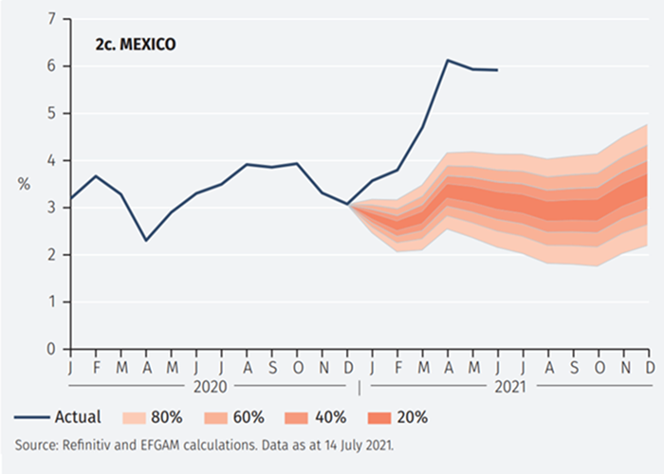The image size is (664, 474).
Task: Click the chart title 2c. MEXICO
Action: [x=135, y=44]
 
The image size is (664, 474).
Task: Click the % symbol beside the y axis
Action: [x=24, y=184]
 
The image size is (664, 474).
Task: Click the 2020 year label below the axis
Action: [x=212, y=387]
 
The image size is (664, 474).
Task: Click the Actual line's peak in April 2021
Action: [x=448, y=61]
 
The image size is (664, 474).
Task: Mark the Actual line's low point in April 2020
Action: [x=146, y=241]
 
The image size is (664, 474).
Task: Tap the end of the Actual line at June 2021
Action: [x=497, y=69]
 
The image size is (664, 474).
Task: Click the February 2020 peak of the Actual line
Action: [x=97, y=176]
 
